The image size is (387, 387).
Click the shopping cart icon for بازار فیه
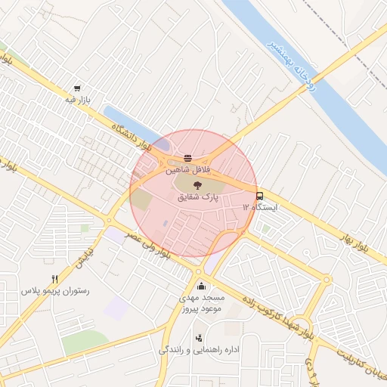pyautogui.click(x=78, y=88)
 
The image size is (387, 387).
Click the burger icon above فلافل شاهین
pyautogui.click(x=187, y=159)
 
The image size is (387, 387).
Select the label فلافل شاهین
pyautogui.click(x=188, y=171)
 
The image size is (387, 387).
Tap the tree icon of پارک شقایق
pyautogui.click(x=197, y=184)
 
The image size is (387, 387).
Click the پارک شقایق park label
pyautogui.click(x=197, y=197)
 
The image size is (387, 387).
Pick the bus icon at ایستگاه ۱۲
pyautogui.click(x=260, y=195)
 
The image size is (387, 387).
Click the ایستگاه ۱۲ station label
pyautogui.click(x=259, y=207)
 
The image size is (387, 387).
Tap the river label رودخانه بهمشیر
pyautogui.click(x=290, y=64)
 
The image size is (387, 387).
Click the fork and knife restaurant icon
pyautogui.click(x=54, y=279)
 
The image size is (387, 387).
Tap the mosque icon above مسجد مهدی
pyautogui.click(x=200, y=286)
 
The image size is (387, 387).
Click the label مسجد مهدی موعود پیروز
pyautogui.click(x=200, y=305)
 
